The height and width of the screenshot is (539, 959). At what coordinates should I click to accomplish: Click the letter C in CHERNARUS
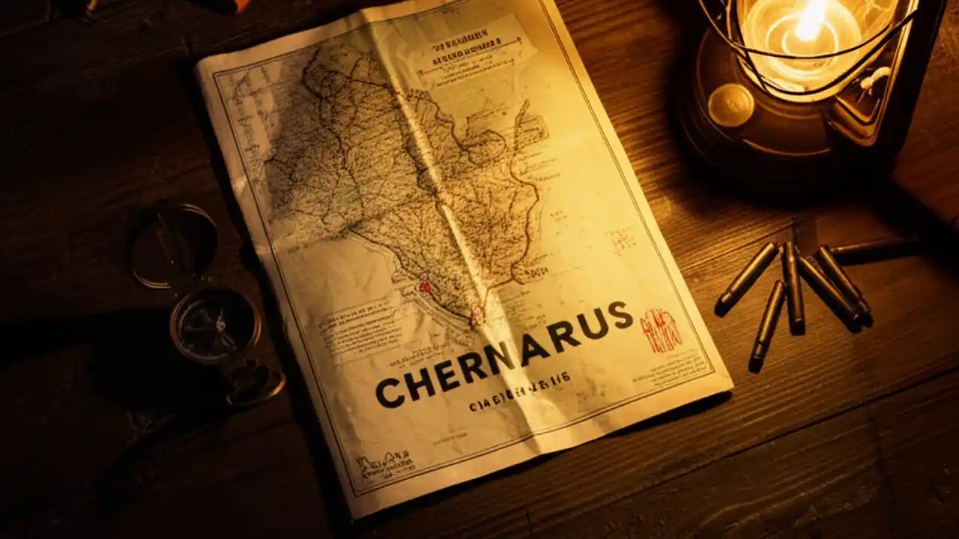(390, 392)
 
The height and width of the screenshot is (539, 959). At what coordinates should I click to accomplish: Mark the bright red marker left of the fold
(426, 286)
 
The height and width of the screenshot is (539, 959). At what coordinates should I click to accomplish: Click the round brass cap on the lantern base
(730, 105)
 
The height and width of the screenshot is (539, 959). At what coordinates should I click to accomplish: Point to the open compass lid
(173, 246)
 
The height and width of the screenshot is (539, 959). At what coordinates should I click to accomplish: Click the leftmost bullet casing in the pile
(746, 278)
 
